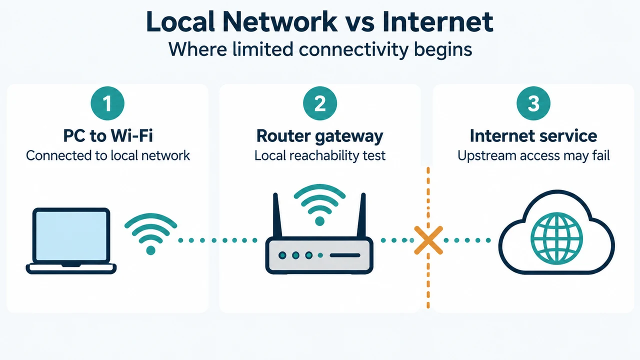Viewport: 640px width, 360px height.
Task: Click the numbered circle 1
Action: pos(107,103)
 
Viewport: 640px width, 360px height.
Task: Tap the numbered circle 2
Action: pos(320,103)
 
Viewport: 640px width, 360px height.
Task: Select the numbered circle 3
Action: pos(533,103)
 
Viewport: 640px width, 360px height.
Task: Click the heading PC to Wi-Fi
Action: pos(108,135)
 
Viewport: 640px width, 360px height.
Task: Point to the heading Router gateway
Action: pos(319,136)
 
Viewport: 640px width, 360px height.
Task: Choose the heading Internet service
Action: pos(533,135)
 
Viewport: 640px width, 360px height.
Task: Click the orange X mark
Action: pos(428,240)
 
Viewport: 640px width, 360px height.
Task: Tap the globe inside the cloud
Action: pos(556,238)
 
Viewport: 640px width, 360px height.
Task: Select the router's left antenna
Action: pos(277,215)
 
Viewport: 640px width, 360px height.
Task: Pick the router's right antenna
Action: pos(361,215)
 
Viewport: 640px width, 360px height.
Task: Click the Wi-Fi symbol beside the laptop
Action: pos(150,233)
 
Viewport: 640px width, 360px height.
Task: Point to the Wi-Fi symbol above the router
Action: pos(319,204)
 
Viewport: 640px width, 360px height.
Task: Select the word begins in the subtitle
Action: pos(443,50)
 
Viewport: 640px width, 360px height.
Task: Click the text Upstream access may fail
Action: pos(533,155)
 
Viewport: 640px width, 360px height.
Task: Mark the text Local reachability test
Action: pos(320,156)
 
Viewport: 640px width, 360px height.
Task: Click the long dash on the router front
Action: pos(345,255)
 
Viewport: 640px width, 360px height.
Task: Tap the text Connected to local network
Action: pos(108,155)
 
